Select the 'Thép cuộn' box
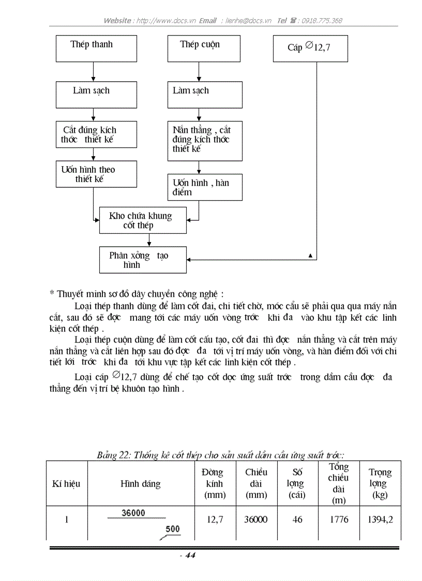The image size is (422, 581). (x=205, y=49)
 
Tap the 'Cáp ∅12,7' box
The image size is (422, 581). (x=310, y=48)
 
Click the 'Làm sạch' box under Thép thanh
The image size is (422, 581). (x=96, y=95)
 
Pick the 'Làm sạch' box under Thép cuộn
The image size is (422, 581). (x=205, y=95)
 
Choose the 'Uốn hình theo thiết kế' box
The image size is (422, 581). (x=96, y=174)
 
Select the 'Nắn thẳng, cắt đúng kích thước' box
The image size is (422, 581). (x=205, y=141)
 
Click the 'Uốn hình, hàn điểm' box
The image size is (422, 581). (x=205, y=187)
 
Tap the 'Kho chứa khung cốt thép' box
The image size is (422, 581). (x=143, y=220)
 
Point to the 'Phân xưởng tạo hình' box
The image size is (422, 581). (x=143, y=260)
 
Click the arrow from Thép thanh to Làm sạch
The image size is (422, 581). (x=93, y=71)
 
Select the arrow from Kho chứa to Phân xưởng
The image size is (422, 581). (x=149, y=240)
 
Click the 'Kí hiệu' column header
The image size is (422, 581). (x=67, y=484)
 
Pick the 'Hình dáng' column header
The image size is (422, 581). (x=141, y=484)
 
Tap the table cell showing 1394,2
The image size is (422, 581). (x=380, y=519)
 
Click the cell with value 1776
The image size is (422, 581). (x=339, y=519)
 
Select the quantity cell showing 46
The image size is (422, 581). (x=297, y=519)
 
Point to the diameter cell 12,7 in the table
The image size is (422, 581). (x=215, y=519)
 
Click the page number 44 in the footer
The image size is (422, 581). (x=190, y=556)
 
